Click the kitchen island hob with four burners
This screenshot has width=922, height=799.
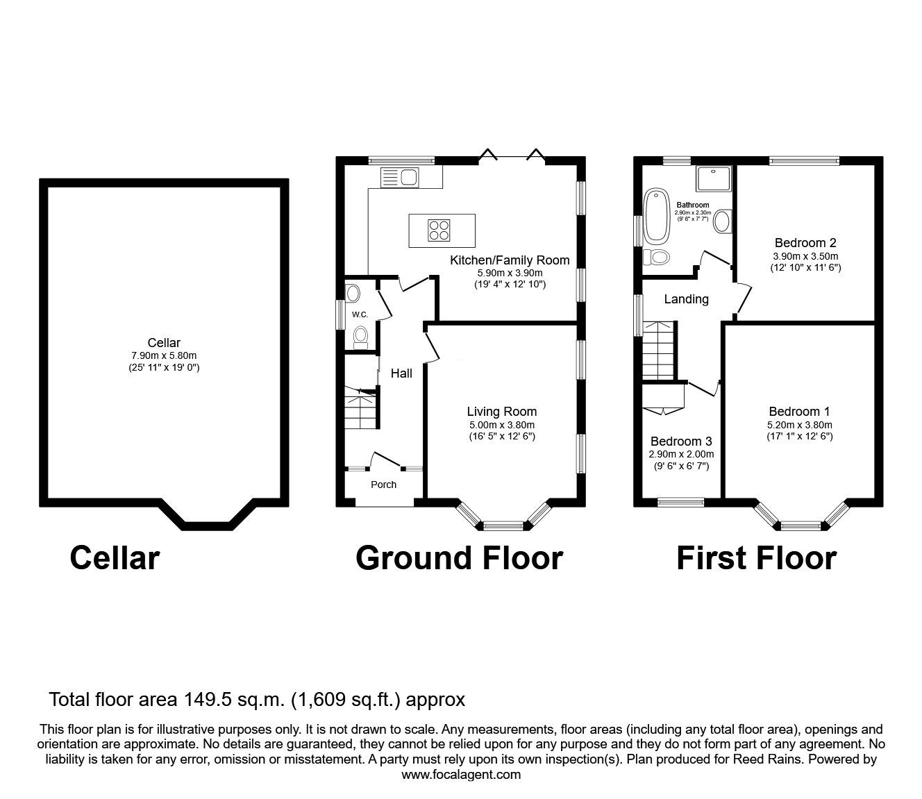click(x=438, y=229)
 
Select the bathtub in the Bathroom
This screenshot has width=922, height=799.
click(x=655, y=215)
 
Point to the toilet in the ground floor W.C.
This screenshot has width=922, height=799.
click(x=360, y=337)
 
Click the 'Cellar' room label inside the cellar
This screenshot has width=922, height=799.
click(x=164, y=342)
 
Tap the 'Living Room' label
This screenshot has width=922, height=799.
click(x=501, y=412)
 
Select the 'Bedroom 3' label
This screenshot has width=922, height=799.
click(x=680, y=441)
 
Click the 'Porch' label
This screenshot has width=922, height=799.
click(x=383, y=485)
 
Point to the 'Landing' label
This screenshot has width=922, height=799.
click(x=686, y=299)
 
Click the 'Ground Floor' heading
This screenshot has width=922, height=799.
click(x=459, y=558)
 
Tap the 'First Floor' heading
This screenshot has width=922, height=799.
click(x=756, y=558)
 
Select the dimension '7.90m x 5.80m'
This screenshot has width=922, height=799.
click(x=164, y=355)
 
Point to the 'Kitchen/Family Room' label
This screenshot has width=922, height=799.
click(x=510, y=260)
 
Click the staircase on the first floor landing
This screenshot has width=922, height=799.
click(x=657, y=351)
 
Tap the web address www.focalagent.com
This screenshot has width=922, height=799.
click(x=461, y=775)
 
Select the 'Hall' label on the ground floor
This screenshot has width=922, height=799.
click(x=401, y=373)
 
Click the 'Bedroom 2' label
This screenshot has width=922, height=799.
click(x=805, y=243)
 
